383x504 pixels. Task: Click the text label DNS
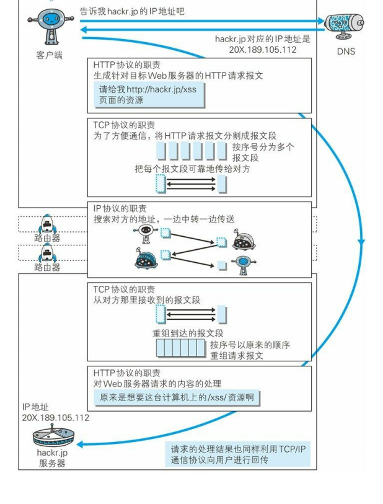(346, 51)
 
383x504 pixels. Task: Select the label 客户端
(49, 55)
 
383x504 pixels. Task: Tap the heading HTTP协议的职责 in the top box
(127, 64)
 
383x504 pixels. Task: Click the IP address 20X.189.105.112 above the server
(55, 417)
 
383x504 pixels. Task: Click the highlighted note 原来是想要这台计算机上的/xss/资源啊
(176, 397)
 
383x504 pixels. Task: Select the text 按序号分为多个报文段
(263, 153)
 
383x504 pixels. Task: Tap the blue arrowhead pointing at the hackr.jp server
(78, 443)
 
